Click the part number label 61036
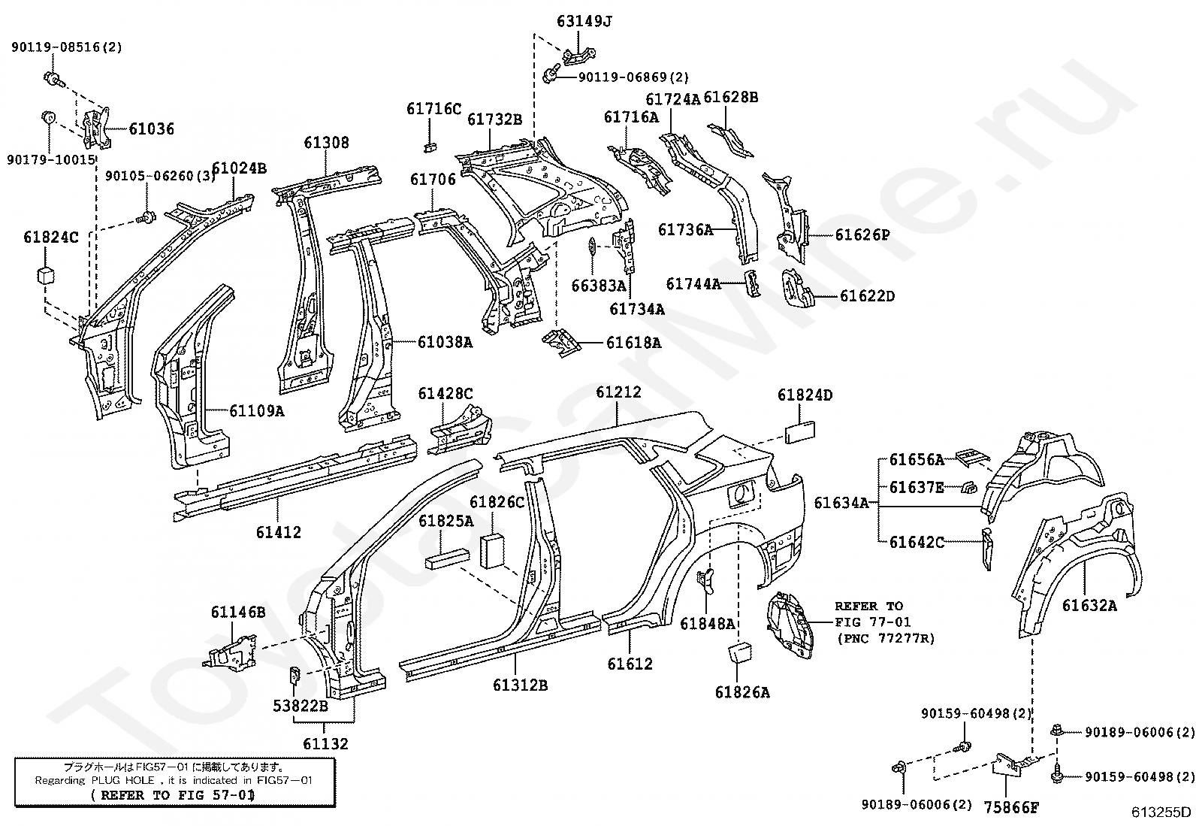151,129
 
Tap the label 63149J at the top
584,21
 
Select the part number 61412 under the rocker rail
278,532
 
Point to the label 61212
618,392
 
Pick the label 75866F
1012,808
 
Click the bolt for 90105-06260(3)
146,218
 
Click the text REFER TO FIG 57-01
172,794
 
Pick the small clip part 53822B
296,673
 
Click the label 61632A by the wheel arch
1089,605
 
